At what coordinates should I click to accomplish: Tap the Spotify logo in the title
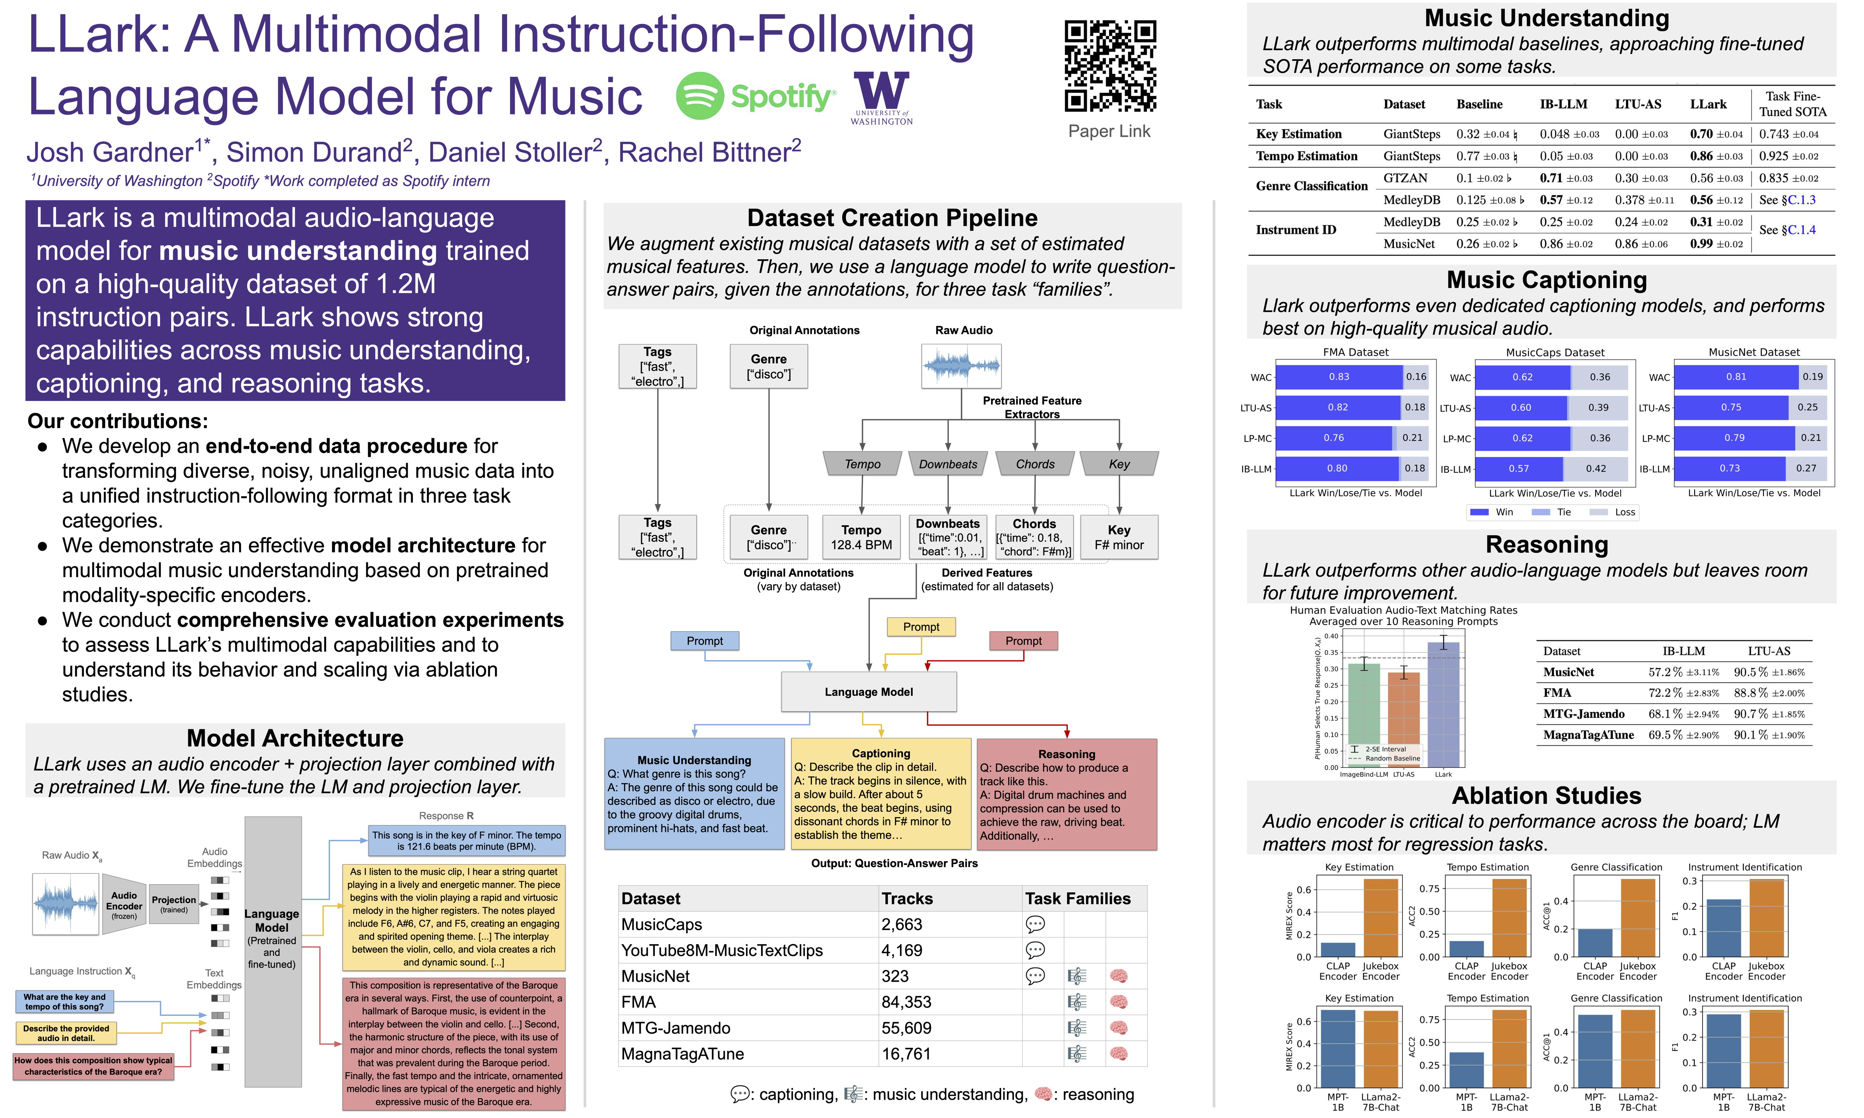tap(756, 96)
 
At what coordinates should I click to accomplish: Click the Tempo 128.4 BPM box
tap(861, 537)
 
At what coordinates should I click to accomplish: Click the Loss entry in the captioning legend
tap(1624, 512)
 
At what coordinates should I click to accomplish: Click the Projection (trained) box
tap(174, 904)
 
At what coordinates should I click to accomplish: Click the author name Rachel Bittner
tap(709, 153)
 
